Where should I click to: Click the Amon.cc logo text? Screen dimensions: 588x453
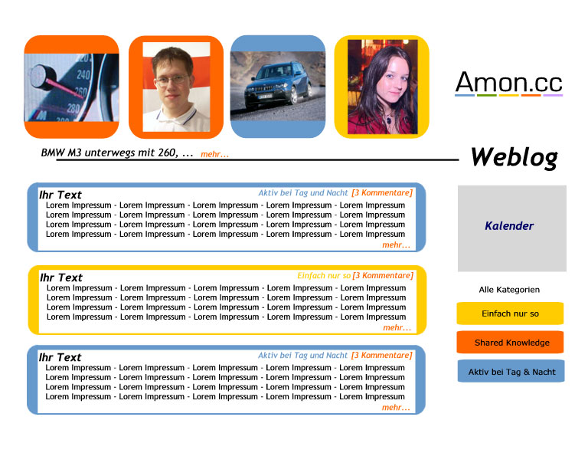(509, 82)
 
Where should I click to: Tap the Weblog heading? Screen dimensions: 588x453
(514, 157)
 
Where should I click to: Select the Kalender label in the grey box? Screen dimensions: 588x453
(509, 226)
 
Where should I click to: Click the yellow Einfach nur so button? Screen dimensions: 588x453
(510, 313)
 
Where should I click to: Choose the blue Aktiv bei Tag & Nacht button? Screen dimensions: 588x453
(511, 371)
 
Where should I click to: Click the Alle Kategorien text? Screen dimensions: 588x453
(509, 290)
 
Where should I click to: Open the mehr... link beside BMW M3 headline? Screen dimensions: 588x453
(214, 154)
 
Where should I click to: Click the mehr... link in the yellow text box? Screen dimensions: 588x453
(397, 327)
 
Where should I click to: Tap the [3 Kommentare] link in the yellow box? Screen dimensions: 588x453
(383, 275)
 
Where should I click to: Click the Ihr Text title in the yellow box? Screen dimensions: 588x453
(61, 277)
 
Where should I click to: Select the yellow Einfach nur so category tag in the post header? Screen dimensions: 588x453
(324, 275)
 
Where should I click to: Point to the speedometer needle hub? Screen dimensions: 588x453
(38, 77)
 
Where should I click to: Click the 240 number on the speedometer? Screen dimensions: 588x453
(83, 74)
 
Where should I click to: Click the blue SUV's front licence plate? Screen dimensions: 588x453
(265, 97)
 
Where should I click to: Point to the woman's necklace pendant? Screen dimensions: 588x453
(389, 120)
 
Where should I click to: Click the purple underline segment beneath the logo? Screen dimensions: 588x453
(553, 95)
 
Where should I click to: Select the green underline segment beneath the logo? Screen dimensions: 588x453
(487, 95)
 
